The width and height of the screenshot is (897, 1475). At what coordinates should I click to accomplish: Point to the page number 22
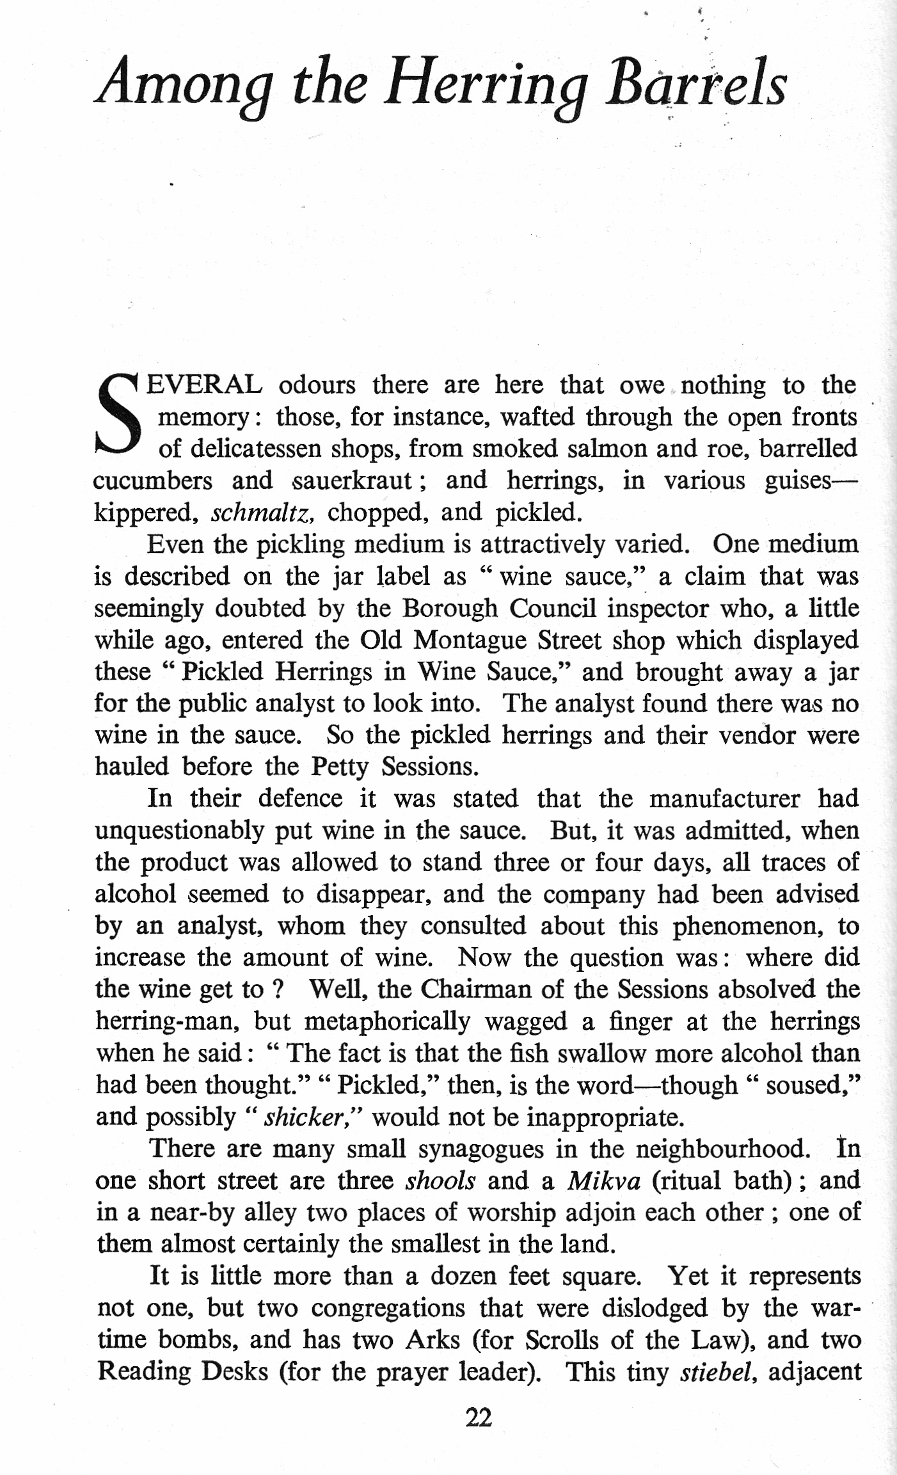(479, 1418)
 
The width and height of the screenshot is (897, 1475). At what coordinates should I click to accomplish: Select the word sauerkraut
(351, 481)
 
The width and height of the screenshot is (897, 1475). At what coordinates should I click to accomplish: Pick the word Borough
(449, 608)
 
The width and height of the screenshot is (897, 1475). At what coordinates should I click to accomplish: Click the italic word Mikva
(603, 1181)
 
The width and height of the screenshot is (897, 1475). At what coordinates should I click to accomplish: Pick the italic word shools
(440, 1181)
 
